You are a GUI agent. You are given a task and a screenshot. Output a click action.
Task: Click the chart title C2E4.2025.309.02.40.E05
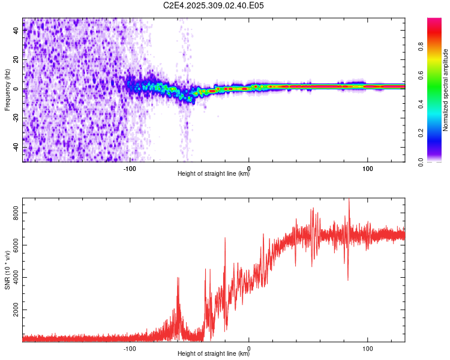[x=214, y=5]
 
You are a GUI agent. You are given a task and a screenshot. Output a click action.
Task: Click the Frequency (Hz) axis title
[x=7, y=90]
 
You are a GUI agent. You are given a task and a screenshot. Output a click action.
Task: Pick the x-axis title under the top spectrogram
[x=214, y=174]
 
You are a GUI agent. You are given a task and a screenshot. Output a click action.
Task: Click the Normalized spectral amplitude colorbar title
[x=445, y=90]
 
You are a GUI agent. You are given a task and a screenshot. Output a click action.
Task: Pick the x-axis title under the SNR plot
[x=214, y=354]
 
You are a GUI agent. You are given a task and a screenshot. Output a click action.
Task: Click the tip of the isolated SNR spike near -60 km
[x=178, y=277]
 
